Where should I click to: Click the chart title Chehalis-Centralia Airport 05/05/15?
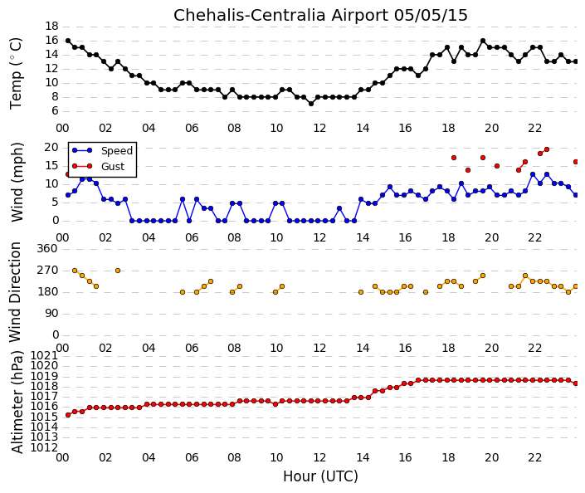pyautogui.click(x=320, y=16)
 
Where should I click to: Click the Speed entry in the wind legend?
pyautogui.click(x=117, y=151)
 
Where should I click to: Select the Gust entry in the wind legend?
pyautogui.click(x=113, y=167)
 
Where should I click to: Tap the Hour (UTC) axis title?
pyautogui.click(x=320, y=476)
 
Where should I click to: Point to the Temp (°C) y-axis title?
pyautogui.click(x=16, y=74)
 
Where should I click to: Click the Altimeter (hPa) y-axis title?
pyautogui.click(x=17, y=402)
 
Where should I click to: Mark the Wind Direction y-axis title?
pyautogui.click(x=15, y=292)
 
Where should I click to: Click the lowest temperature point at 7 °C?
pyautogui.click(x=311, y=104)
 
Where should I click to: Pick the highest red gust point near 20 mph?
pyautogui.click(x=547, y=149)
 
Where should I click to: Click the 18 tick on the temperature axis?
pyautogui.click(x=51, y=26)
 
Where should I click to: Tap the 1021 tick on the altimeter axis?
pyautogui.click(x=45, y=355)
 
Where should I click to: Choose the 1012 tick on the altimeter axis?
pyautogui.click(x=45, y=447)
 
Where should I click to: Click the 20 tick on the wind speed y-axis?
pyautogui.click(x=51, y=148)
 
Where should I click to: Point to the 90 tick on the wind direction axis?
pyautogui.click(x=51, y=314)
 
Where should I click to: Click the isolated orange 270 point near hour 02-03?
pyautogui.click(x=118, y=271)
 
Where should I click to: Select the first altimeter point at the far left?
pyautogui.click(x=68, y=415)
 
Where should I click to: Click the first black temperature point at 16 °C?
pyautogui.click(x=68, y=41)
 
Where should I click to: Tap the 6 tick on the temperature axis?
pyautogui.click(x=56, y=111)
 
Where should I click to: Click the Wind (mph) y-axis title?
pyautogui.click(x=17, y=182)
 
